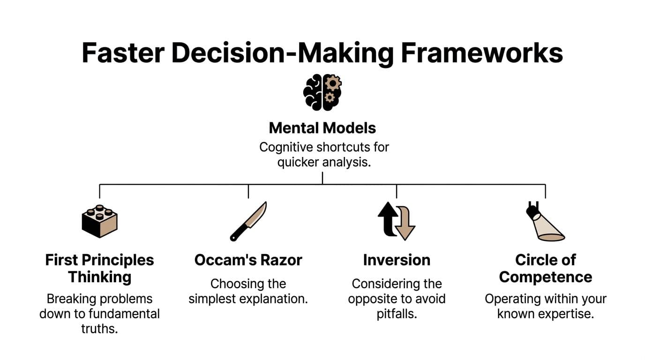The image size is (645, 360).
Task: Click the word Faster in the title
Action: tap(123, 52)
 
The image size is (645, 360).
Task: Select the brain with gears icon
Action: tap(322, 92)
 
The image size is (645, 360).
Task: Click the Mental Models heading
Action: tap(322, 128)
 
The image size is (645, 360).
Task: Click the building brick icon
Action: tap(99, 221)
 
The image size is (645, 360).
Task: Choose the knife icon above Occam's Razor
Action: tap(248, 221)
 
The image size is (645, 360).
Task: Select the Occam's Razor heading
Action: tap(248, 260)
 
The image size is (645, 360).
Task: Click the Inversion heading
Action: tap(397, 260)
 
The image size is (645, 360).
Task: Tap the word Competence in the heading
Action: tap(546, 277)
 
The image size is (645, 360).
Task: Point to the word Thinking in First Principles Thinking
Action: tap(99, 277)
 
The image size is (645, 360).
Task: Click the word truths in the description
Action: tap(99, 329)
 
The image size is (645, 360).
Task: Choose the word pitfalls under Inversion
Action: tap(397, 314)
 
